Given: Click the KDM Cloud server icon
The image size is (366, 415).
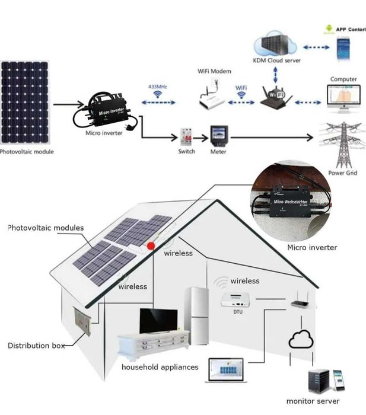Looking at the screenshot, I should tap(275, 46).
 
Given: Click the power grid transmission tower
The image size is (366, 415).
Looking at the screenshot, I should tap(342, 146).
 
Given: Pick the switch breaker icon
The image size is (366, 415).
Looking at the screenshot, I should tap(187, 137).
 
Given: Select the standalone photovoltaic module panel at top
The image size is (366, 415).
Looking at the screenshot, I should tap(25, 101).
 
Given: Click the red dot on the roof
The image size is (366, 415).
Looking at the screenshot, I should tap(151, 245).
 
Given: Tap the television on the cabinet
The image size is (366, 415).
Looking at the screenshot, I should tap(158, 321).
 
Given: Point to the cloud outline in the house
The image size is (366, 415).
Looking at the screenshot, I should tap(300, 339).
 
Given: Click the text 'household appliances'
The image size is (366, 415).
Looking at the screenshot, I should tap(160, 368).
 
